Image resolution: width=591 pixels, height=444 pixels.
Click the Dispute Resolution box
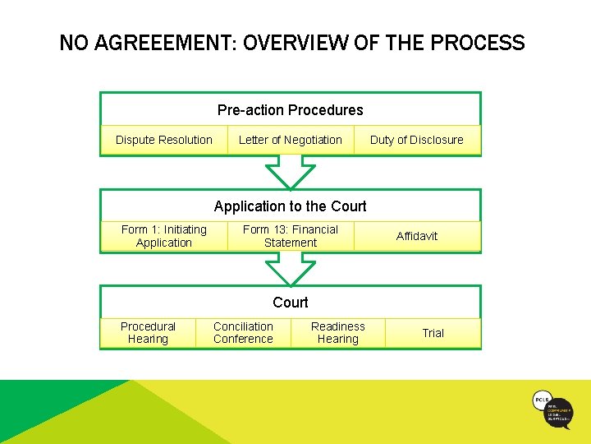point(164,140)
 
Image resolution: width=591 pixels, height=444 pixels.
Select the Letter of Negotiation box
point(291,140)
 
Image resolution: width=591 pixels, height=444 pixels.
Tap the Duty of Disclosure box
point(417,140)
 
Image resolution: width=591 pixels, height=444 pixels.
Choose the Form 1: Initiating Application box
point(164,236)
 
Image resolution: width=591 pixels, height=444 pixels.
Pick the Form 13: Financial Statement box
point(291,236)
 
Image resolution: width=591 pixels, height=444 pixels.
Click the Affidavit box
point(417,236)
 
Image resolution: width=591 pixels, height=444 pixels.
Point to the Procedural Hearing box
point(148,332)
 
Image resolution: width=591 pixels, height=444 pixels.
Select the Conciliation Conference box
point(243,332)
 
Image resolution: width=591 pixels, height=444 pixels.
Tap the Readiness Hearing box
point(338,332)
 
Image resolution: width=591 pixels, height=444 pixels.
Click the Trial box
point(433,332)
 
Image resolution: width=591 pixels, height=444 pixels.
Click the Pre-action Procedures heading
point(291,110)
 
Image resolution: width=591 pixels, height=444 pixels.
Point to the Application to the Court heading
point(291,206)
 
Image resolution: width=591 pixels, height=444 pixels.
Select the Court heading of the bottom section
point(291,303)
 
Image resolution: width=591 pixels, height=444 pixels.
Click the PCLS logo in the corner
point(552,409)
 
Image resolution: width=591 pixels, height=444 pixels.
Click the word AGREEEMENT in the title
point(167,43)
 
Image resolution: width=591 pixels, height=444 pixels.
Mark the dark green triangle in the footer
point(49,403)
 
